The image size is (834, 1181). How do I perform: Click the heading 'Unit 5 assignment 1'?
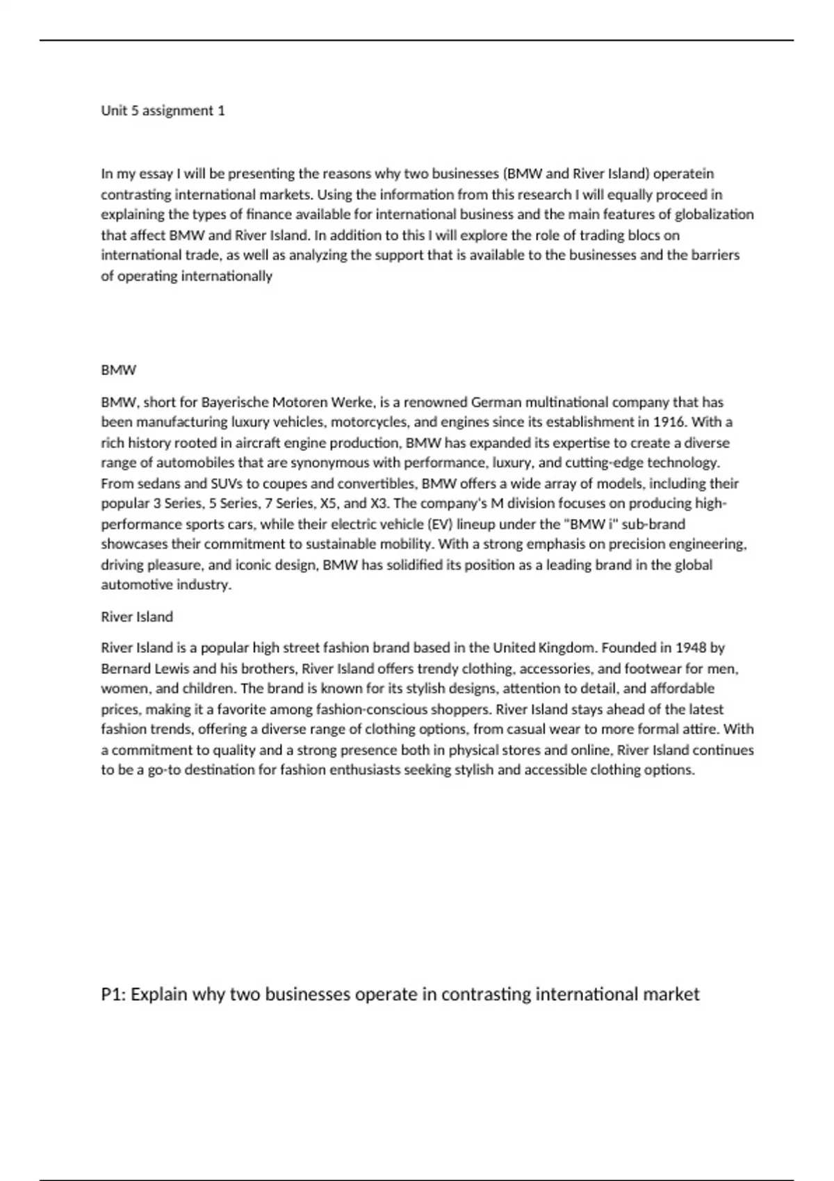[x=163, y=110]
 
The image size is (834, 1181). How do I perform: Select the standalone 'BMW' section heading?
[x=119, y=370]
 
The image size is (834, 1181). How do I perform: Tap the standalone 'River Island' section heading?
[x=137, y=617]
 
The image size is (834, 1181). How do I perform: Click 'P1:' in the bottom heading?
[x=114, y=994]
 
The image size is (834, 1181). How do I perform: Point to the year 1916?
[x=669, y=422]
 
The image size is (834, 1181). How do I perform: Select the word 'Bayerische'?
[x=234, y=402]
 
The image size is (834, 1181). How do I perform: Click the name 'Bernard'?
[x=124, y=669]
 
